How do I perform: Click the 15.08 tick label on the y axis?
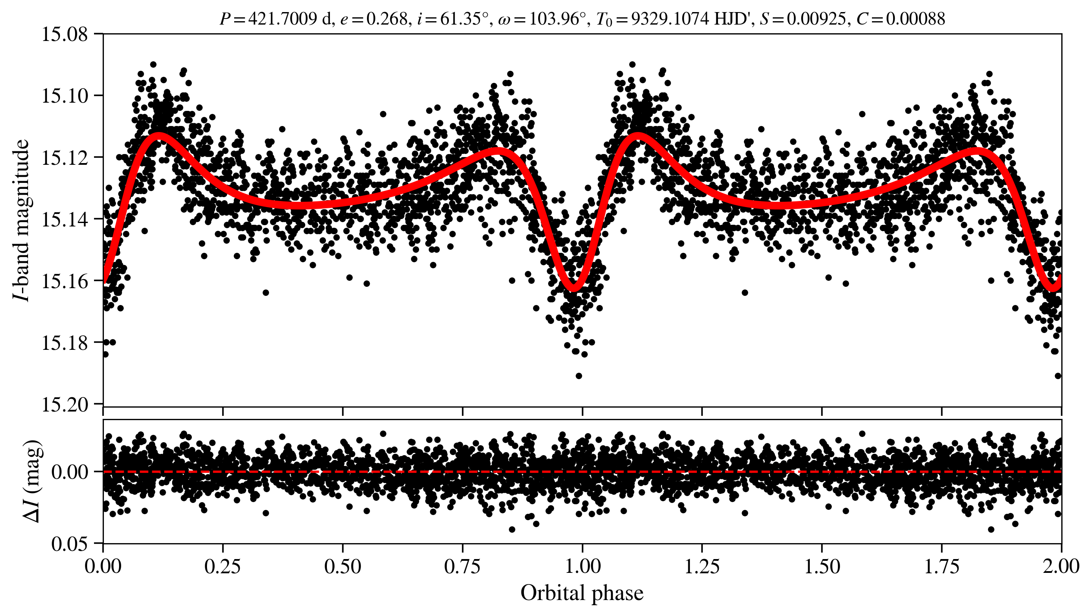[64, 34]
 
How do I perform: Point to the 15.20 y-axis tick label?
[64, 404]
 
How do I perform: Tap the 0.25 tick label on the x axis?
[223, 566]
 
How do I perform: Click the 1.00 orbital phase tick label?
[582, 566]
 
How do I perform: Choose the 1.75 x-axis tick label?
[942, 566]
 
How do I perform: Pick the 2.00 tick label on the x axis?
[1061, 566]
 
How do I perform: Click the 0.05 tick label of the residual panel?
[69, 544]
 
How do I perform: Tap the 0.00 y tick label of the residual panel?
[69, 472]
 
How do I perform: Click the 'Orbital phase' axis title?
[582, 593]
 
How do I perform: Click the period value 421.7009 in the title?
[282, 19]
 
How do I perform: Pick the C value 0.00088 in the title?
[915, 19]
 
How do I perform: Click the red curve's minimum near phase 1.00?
[574, 288]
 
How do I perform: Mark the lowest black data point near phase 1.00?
[579, 376]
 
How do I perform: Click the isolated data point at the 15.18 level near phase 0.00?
[113, 342]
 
